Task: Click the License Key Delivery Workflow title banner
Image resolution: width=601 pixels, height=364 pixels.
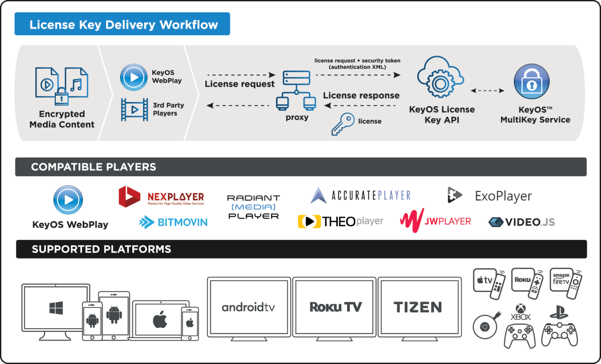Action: [122, 24]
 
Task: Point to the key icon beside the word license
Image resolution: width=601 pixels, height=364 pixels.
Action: [343, 124]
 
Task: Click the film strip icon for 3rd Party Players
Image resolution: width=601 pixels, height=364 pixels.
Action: [134, 109]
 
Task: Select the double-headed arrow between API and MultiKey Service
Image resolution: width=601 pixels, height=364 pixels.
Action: [487, 91]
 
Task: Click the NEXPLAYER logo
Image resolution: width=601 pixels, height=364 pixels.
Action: [162, 197]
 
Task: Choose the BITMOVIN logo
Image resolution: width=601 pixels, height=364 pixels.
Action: [173, 222]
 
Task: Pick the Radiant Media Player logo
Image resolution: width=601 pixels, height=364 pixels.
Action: [254, 207]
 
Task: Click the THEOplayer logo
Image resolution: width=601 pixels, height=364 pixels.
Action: [340, 221]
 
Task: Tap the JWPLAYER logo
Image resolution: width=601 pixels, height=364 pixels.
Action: [435, 221]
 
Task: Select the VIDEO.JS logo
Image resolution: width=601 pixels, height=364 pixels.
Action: [522, 222]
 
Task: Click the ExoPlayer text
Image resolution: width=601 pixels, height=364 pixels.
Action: [503, 196]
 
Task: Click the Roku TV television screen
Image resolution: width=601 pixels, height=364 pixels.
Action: [335, 307]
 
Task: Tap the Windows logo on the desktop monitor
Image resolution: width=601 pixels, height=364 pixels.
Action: [56, 308]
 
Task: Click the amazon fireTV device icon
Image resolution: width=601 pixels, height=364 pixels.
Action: [565, 283]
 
